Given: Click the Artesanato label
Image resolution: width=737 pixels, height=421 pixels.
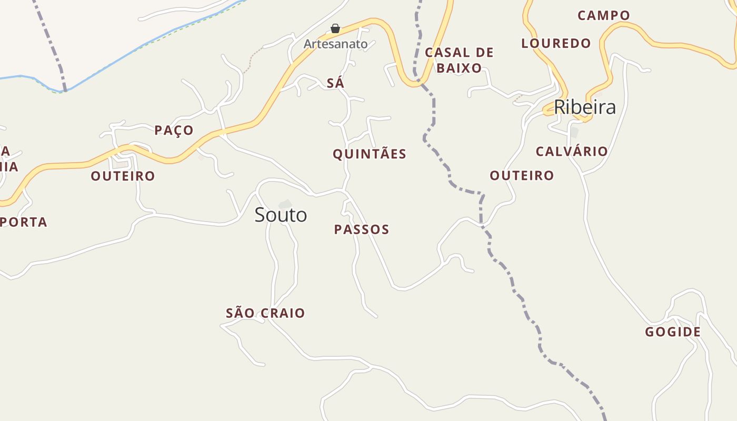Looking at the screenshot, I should [335, 44].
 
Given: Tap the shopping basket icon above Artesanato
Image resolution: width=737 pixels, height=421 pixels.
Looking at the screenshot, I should [335, 28].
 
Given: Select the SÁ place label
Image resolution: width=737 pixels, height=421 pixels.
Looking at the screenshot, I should [335, 83].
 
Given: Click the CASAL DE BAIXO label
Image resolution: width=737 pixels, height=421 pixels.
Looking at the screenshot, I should [459, 60].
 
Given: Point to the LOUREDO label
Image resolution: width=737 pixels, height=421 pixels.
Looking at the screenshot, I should [556, 43].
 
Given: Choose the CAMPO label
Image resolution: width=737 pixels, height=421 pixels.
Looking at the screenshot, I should [603, 15].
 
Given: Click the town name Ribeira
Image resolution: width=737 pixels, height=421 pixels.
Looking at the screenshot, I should [584, 107].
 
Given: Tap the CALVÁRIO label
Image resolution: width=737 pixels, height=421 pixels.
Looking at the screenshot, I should [572, 152].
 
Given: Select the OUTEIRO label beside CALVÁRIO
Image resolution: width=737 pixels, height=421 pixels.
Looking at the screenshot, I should [522, 175].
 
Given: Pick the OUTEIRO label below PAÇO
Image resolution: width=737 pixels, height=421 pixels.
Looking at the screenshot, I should [123, 176].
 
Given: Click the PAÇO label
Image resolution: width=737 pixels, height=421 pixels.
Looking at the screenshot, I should [174, 130].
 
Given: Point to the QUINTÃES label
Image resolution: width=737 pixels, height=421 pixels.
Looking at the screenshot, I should [370, 154].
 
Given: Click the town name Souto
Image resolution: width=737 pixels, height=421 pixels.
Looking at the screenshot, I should [281, 215].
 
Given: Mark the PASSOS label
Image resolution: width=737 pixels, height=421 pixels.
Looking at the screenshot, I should [362, 229].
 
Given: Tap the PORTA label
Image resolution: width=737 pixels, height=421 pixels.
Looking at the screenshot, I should [24, 222].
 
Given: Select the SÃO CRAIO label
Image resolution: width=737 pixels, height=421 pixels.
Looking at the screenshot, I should [265, 313].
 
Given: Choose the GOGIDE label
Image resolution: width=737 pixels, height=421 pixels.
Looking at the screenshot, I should [673, 332].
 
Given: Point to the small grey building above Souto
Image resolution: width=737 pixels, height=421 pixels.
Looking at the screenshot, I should [285, 204].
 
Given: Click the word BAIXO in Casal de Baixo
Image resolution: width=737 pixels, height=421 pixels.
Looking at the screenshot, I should [459, 68].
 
